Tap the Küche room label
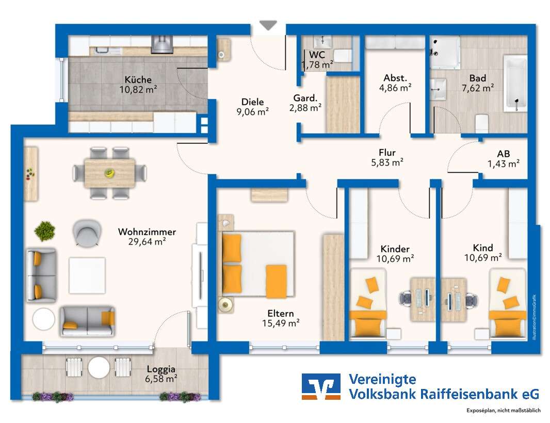click(138, 79)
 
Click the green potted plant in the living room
click(45, 231)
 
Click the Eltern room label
click(281, 313)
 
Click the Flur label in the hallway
click(387, 153)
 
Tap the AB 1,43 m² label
click(504, 159)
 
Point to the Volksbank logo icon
click(320, 387)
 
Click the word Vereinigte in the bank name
click(382, 380)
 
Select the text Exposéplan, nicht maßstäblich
click(503, 411)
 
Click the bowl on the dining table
click(109, 173)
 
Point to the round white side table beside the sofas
click(43, 319)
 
